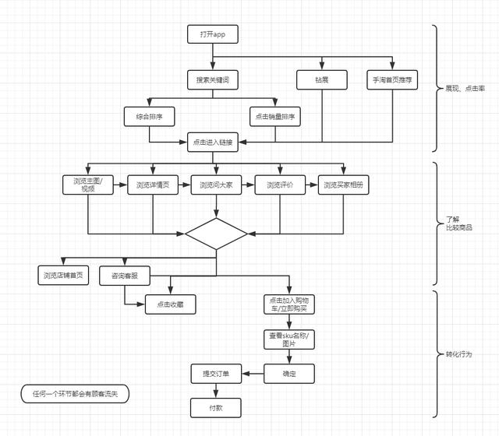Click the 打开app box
[x=212, y=34]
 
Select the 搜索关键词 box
[x=212, y=79]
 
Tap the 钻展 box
[x=321, y=79]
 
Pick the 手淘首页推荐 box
[x=392, y=79]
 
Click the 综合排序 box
[x=149, y=117]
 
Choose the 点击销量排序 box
[x=277, y=117]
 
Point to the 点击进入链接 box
[x=212, y=142]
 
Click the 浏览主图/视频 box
[x=88, y=185]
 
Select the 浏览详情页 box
[x=152, y=185]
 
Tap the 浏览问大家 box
[x=216, y=185]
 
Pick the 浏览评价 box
[x=279, y=185]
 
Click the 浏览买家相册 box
[x=343, y=185]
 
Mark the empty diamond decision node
[x=216, y=234]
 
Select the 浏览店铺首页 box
[x=64, y=275]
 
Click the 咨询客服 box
[x=125, y=275]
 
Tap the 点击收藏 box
[x=170, y=304]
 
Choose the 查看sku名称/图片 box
[x=289, y=339]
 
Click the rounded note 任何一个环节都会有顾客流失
[x=75, y=394]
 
